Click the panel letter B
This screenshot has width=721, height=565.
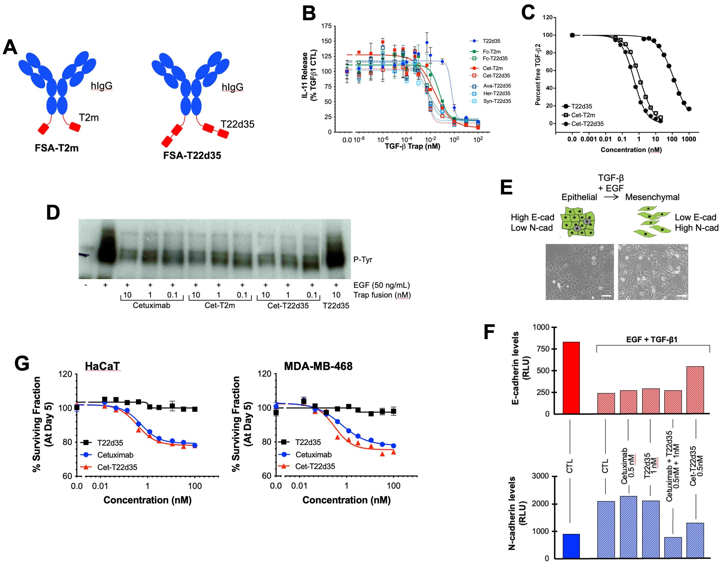(x=309, y=14)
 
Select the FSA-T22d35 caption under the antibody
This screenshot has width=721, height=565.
(x=192, y=156)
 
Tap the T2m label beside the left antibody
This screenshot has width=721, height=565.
(x=89, y=117)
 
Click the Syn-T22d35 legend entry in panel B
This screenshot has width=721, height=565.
(x=497, y=101)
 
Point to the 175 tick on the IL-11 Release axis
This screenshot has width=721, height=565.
(x=326, y=26)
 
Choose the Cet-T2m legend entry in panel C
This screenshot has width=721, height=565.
(x=582, y=115)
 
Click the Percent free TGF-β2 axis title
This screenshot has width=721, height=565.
(x=538, y=74)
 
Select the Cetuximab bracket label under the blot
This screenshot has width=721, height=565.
(x=151, y=305)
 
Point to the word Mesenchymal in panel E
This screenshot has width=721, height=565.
(x=652, y=197)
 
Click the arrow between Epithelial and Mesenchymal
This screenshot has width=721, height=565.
(x=611, y=197)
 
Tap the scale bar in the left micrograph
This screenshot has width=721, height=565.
(x=606, y=296)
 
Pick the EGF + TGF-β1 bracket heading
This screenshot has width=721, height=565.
(x=651, y=339)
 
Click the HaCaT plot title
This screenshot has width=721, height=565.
(x=102, y=366)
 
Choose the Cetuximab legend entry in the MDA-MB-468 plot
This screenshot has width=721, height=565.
(x=313, y=455)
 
